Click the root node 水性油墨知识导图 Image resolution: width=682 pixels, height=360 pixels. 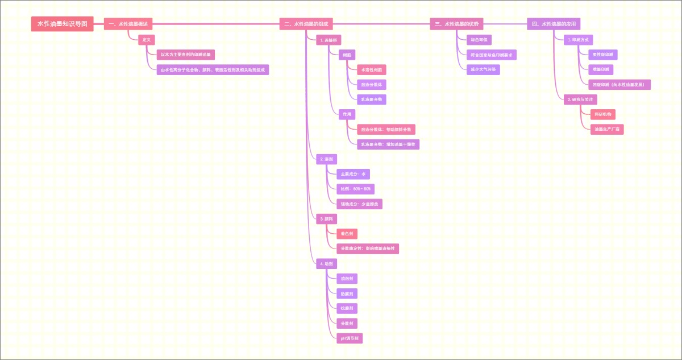62,24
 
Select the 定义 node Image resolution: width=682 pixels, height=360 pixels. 147,40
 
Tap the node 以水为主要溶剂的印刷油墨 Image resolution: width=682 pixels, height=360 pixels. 186,55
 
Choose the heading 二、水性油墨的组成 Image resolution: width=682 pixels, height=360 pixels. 306,24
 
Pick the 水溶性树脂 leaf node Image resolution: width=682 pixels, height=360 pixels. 371,70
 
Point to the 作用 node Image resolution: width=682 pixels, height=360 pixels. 347,114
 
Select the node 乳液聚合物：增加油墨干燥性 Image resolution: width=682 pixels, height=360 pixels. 388,144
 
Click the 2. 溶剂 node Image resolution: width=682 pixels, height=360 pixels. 326,159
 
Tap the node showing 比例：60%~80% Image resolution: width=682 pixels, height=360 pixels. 355,189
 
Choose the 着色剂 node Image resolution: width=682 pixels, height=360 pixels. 347,234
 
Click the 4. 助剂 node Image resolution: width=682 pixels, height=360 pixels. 326,264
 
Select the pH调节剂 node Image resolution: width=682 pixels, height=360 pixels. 349,338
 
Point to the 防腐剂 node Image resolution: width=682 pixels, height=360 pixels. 347,294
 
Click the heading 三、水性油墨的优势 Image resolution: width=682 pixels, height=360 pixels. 456,24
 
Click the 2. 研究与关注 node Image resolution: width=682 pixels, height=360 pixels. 580,100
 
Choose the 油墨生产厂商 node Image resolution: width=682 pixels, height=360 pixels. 607,130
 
